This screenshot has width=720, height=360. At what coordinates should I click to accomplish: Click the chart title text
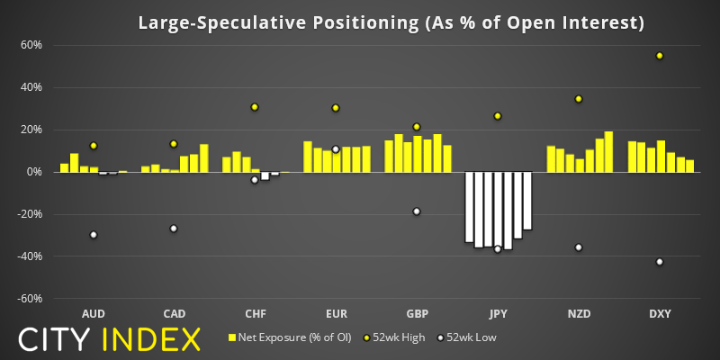click(391, 22)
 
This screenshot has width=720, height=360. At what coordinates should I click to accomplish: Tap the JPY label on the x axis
click(498, 314)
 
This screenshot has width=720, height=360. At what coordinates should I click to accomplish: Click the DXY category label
click(660, 314)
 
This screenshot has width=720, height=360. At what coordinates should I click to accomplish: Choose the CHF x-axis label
click(255, 314)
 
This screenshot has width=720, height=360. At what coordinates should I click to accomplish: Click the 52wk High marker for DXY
click(660, 56)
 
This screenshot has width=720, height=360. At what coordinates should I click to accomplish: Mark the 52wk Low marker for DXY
click(660, 262)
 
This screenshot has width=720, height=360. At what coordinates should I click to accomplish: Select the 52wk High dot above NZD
click(579, 99)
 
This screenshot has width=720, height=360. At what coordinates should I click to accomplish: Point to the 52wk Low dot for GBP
click(417, 211)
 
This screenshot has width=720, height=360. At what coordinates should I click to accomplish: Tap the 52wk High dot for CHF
click(255, 107)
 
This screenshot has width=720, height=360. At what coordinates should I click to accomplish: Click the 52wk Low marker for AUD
click(93, 235)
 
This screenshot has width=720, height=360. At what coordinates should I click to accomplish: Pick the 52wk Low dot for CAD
click(174, 229)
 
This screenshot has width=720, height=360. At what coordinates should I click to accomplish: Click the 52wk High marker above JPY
click(498, 116)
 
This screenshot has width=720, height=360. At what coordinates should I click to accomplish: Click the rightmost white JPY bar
click(527, 201)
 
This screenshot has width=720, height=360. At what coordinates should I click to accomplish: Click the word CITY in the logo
click(56, 339)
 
